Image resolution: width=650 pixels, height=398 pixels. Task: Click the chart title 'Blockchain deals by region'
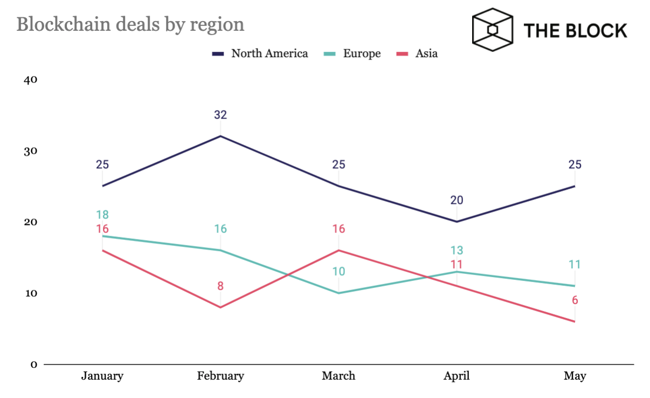tap(130, 24)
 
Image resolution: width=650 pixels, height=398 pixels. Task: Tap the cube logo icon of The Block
tap(492, 29)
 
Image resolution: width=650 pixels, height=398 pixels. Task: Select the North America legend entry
tap(261, 53)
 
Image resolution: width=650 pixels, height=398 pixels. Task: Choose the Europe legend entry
tap(354, 53)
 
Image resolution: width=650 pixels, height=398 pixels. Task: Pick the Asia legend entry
tap(417, 53)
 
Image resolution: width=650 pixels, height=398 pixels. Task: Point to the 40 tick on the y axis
tap(30, 80)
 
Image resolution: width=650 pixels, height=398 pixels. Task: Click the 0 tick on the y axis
tap(33, 365)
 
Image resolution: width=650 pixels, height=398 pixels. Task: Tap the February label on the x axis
tap(220, 376)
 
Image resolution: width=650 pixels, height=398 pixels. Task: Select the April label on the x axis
tap(457, 376)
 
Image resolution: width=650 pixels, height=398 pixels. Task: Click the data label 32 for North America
tap(220, 114)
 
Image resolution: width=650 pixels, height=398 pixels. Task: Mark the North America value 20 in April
tap(457, 200)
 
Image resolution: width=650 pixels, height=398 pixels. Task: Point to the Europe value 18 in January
tap(102, 215)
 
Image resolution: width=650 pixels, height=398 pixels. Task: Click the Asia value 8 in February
tap(220, 286)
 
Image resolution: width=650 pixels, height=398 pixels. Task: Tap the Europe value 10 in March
tap(338, 271)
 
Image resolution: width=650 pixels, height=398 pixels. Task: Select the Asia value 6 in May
tap(575, 300)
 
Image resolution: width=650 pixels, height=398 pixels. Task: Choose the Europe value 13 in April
tap(457, 250)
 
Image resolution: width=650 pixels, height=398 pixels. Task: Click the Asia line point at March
tap(338, 250)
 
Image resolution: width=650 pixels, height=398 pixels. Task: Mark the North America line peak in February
tap(220, 136)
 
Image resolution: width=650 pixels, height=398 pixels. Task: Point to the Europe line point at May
tap(575, 286)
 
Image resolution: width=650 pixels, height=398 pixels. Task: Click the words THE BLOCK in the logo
tap(575, 30)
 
